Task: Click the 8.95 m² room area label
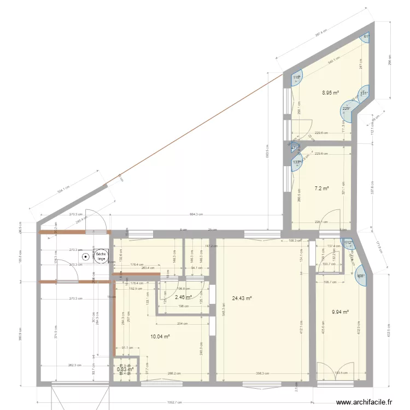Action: click(x=330, y=93)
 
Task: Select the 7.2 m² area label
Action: click(x=321, y=189)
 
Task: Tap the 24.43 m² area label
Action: click(x=241, y=298)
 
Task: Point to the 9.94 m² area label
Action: click(x=340, y=313)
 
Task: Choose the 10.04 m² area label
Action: click(x=160, y=337)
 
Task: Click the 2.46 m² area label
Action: click(x=183, y=297)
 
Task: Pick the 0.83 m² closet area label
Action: click(x=125, y=370)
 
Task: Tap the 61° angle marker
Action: click(x=367, y=37)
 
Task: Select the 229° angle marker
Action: click(x=346, y=109)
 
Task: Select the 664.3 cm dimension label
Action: click(x=197, y=215)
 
